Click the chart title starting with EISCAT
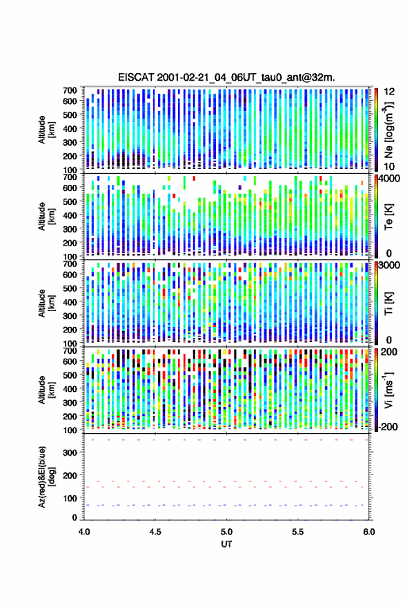226,77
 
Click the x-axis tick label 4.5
155,532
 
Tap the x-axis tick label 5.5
298,532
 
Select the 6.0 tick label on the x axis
369,532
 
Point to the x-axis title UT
226,544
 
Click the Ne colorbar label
388,130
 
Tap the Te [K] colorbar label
388,217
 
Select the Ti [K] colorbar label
388,303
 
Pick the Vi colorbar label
388,390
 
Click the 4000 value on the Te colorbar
389,179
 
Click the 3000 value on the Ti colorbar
389,265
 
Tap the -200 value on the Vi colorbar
388,426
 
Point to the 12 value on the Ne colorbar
389,92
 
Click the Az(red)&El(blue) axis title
46,477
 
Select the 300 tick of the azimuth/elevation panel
70,452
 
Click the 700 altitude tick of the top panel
70,90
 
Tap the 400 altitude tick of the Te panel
70,215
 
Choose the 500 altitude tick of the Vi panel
70,375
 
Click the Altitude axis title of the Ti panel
46,303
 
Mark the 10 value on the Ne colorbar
389,166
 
